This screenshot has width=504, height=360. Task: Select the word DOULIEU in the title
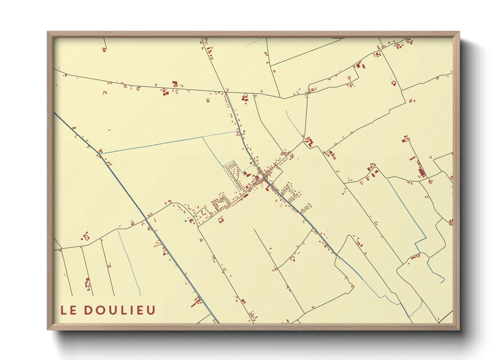click(x=120, y=310)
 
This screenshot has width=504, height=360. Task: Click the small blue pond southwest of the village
click(x=186, y=221)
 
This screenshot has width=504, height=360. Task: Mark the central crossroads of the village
click(x=265, y=178)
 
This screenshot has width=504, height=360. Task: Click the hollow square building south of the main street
click(x=221, y=220)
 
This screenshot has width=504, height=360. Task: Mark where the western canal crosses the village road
click(x=146, y=219)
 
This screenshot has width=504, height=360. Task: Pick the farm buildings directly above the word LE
click(x=88, y=284)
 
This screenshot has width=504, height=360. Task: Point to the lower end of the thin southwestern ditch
click(x=140, y=295)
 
